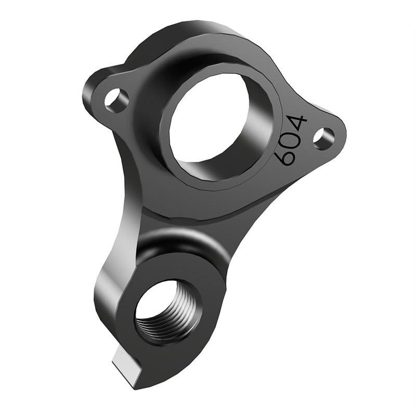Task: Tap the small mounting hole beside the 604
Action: click(x=323, y=136)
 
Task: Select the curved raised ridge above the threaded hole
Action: click(x=182, y=240)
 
